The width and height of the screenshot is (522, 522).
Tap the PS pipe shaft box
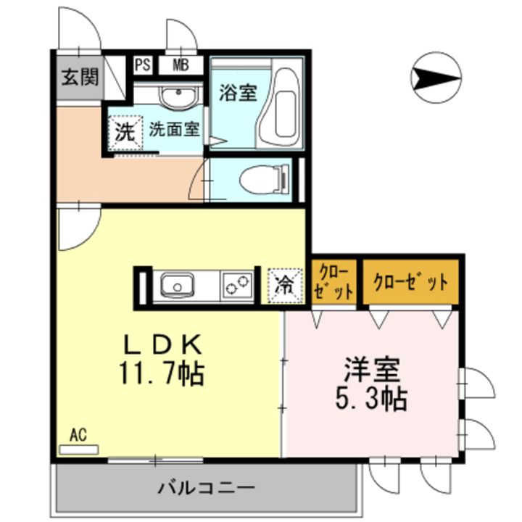pyautogui.click(x=143, y=65)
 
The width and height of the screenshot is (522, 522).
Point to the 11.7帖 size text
pyautogui.click(x=162, y=373)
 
